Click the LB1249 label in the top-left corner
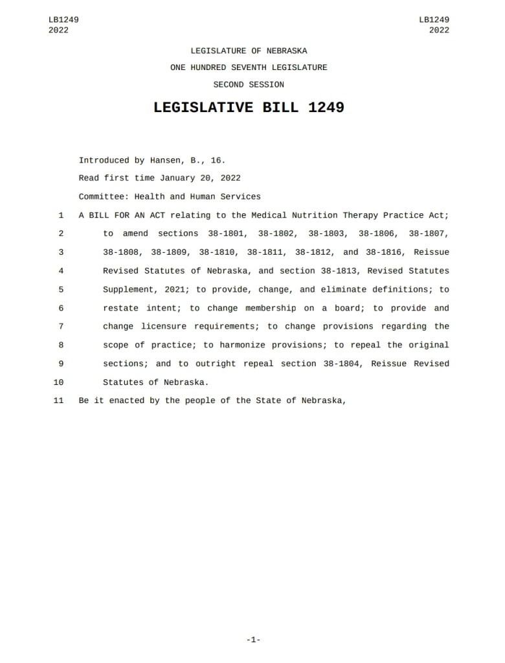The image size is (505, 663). coord(63,20)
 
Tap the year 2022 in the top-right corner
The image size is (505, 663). coord(439,30)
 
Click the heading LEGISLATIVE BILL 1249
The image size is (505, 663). coord(249,108)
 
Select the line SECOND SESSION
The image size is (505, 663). coord(249,84)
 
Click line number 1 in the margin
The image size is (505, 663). coord(60,215)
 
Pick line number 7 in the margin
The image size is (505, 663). coord(60,327)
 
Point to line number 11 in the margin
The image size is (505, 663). coord(58,401)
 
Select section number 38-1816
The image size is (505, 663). coord(386,252)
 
